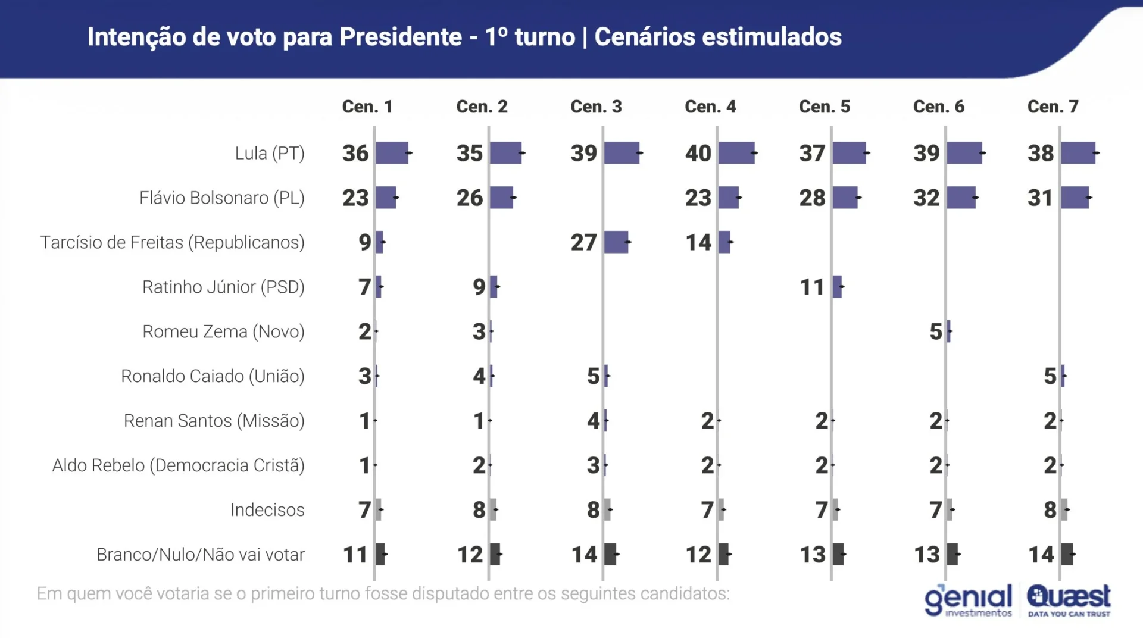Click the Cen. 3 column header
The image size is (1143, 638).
click(x=596, y=107)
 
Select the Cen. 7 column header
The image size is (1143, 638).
click(x=1053, y=107)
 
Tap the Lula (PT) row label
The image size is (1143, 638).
click(x=270, y=154)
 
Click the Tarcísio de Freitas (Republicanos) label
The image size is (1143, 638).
click(x=172, y=243)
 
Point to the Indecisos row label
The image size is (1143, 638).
click(x=267, y=510)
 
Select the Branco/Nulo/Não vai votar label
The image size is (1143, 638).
click(x=200, y=555)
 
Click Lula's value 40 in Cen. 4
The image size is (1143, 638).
click(x=698, y=154)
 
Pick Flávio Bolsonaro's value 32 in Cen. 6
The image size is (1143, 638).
click(x=926, y=198)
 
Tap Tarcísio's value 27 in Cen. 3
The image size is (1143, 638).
click(x=583, y=243)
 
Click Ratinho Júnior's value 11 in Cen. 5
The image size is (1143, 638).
click(x=812, y=287)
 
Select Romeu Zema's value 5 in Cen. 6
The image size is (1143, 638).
click(x=936, y=332)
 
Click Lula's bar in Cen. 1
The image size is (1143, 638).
click(x=392, y=154)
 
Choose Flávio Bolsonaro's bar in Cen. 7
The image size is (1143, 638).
click(x=1075, y=198)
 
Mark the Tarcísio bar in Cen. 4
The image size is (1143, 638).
click(x=724, y=243)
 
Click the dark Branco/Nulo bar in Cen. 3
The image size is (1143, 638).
click(x=610, y=555)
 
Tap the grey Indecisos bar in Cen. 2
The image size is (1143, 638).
click(x=493, y=510)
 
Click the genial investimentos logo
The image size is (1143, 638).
click(x=969, y=600)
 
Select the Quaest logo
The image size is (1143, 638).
click(x=1069, y=600)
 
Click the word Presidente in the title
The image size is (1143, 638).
click(x=400, y=37)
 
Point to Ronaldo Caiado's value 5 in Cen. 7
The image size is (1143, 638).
click(x=1050, y=377)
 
